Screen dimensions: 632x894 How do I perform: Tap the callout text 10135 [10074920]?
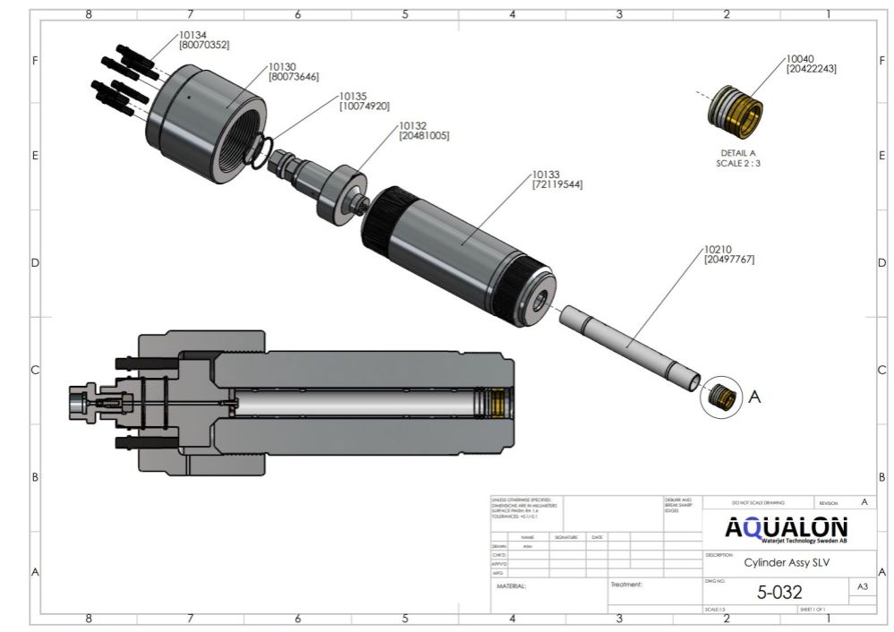[x=363, y=100]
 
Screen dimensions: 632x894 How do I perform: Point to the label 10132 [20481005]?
[x=423, y=131]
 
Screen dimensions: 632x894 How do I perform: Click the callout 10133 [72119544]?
[x=558, y=180]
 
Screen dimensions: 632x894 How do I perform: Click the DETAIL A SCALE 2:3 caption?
[x=737, y=158]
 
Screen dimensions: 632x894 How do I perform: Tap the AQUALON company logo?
[x=787, y=529]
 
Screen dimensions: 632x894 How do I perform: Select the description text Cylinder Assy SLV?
[x=779, y=563]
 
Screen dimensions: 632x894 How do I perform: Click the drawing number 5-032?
[x=779, y=592]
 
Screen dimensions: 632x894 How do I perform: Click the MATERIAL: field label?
[x=511, y=586]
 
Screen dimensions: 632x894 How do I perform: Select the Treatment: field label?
[x=626, y=585]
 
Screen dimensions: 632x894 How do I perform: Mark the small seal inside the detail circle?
[x=719, y=396]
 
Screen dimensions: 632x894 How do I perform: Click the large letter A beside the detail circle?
[x=754, y=397]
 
